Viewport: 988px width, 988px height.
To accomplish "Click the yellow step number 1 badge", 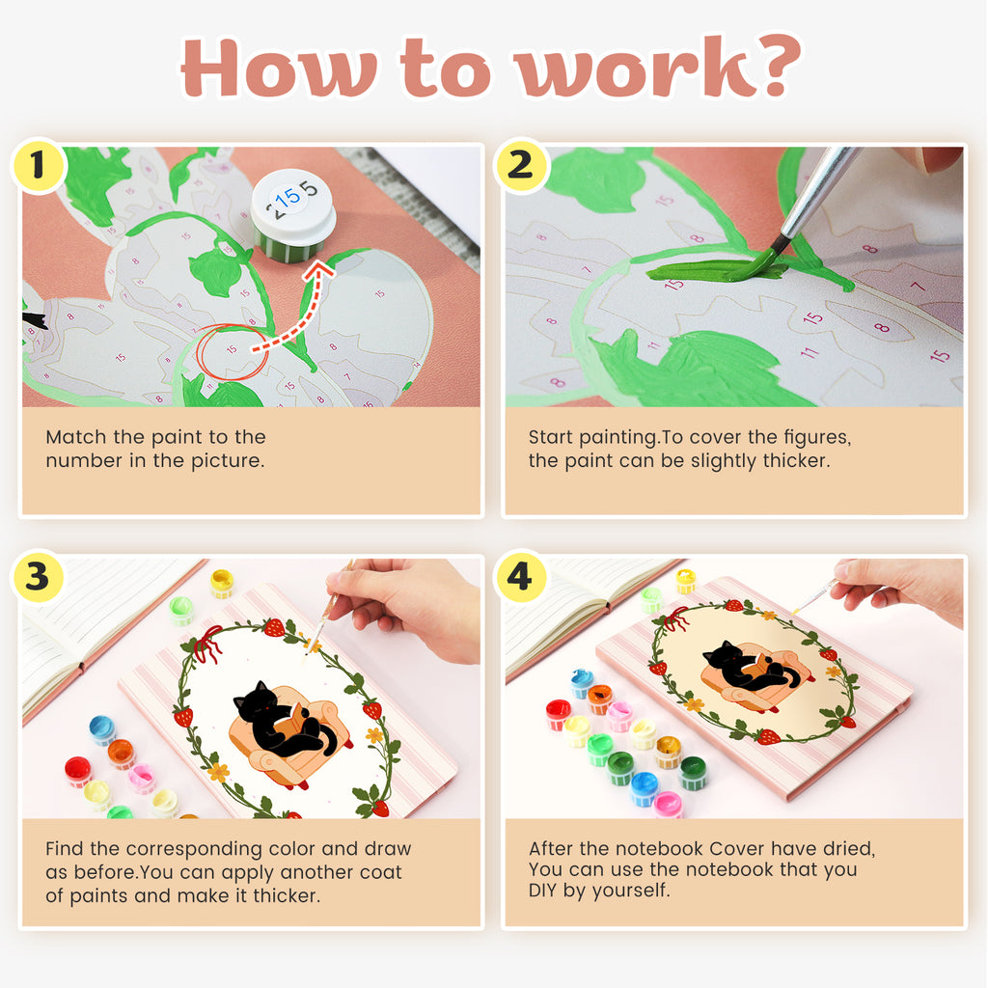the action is point(38,165).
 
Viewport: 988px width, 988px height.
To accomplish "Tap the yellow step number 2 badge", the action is point(520,165).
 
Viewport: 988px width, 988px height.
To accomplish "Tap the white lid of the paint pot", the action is point(293,204).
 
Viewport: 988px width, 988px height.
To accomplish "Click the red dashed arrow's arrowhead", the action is point(320,273).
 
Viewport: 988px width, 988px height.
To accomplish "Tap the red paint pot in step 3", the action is point(78,771).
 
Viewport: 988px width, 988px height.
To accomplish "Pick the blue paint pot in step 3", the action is point(102,730).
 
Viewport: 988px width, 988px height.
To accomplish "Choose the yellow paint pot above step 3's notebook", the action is point(222,583).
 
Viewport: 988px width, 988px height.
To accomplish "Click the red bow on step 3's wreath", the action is point(207,643).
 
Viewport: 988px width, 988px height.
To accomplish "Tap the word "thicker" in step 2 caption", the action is point(796,460).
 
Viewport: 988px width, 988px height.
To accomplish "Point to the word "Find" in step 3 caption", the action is point(65,849).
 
